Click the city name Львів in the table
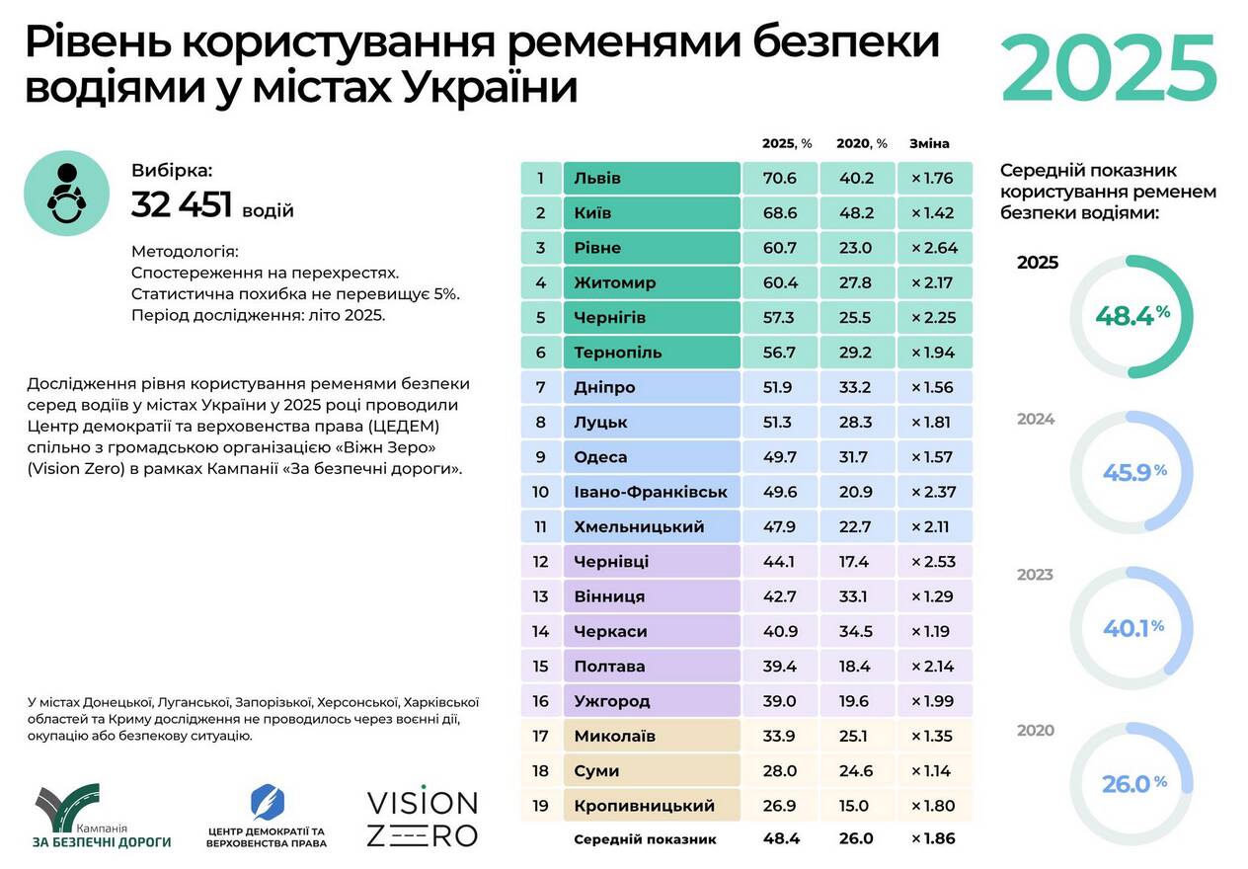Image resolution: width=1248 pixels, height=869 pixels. [597, 179]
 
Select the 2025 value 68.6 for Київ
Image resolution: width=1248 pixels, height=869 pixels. [779, 213]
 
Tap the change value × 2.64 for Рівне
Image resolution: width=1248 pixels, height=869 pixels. [934, 248]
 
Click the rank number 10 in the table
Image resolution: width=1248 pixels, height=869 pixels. [540, 492]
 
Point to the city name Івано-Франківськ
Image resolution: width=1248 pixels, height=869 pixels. [651, 492]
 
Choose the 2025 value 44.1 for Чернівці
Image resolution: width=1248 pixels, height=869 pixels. [779, 562]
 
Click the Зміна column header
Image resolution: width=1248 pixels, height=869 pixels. [929, 143]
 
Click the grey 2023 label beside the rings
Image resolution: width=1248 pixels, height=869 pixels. [1036, 575]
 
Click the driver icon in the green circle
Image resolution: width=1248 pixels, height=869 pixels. [66, 193]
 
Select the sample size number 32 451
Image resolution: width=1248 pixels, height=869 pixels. [182, 204]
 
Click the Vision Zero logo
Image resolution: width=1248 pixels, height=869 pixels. [422, 818]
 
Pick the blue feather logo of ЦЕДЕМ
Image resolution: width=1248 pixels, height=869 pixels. [267, 803]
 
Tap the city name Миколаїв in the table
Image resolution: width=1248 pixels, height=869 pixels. [614, 736]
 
